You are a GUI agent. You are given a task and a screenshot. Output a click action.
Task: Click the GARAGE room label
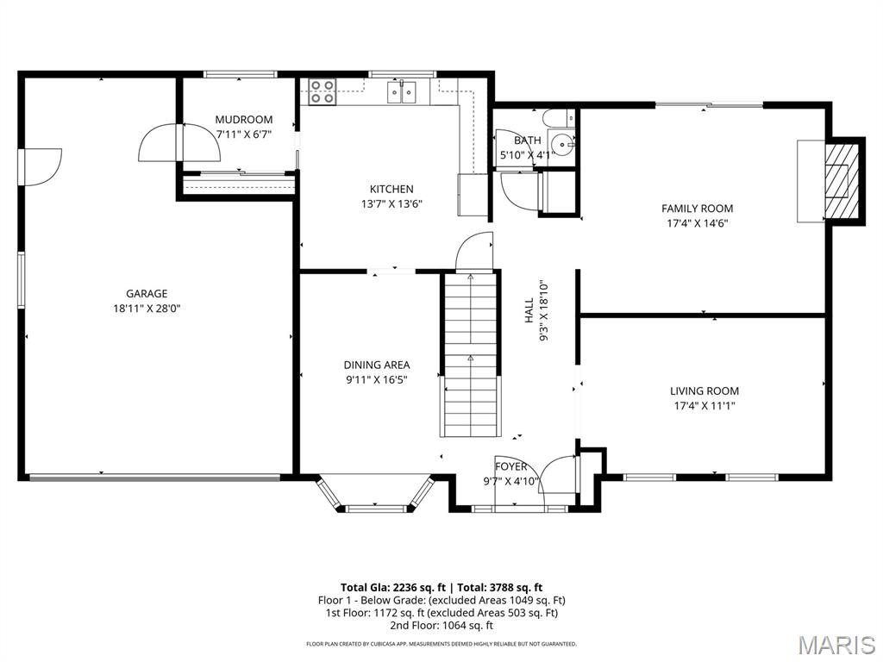pyautogui.click(x=146, y=294)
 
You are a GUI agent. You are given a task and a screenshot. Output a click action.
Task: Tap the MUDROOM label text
pyautogui.click(x=243, y=120)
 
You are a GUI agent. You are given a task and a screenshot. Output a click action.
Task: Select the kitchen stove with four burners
pyautogui.click(x=322, y=91)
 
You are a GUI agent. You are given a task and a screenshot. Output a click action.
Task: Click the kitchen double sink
pyautogui.click(x=402, y=91)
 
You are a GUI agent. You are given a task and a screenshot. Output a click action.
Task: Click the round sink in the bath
pyautogui.click(x=562, y=144)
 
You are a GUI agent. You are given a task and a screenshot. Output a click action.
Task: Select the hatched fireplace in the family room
pyautogui.click(x=839, y=182)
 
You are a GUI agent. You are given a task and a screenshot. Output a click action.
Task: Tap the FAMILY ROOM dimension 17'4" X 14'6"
pyautogui.click(x=697, y=223)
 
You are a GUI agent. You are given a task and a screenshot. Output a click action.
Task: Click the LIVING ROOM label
pyautogui.click(x=704, y=390)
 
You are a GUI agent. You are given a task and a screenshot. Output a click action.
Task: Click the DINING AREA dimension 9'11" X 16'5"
pyautogui.click(x=376, y=379)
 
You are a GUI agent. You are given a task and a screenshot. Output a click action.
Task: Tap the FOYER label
pyautogui.click(x=510, y=466)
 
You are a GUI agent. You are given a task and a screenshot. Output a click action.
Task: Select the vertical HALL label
pyautogui.click(x=529, y=311)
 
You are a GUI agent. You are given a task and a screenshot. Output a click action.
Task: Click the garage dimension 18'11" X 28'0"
pyautogui.click(x=146, y=309)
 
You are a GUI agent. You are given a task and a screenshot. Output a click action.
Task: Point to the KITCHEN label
pyautogui.click(x=391, y=189)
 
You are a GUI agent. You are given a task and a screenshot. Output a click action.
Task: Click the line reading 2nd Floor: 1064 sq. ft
pyautogui.click(x=441, y=626)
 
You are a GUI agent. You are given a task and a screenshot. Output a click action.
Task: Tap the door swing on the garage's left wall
pyautogui.click(x=41, y=166)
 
